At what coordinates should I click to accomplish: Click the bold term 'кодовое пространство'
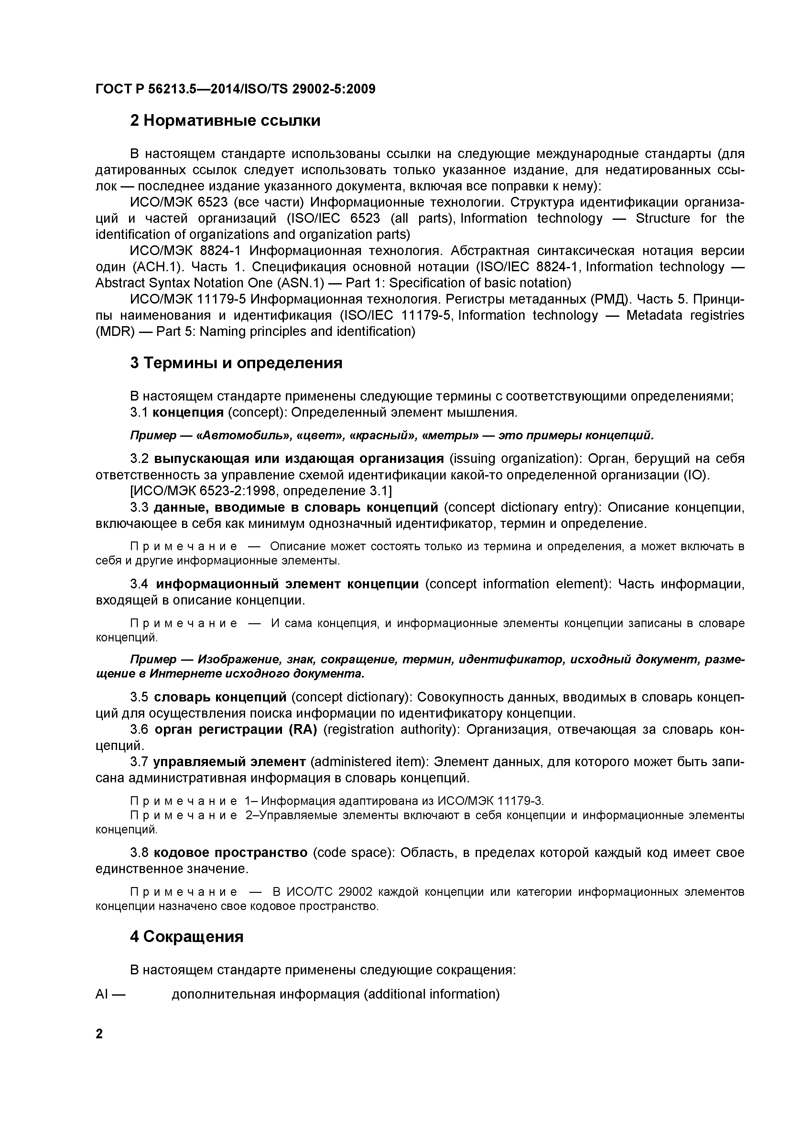231,853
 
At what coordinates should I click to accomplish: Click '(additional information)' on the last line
432,994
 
